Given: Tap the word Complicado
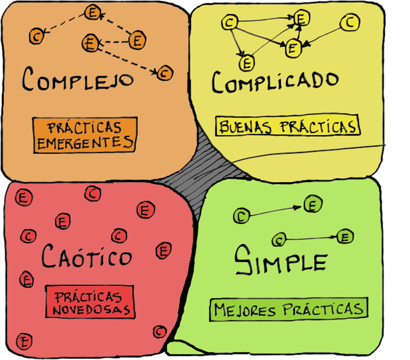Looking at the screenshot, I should (x=275, y=81).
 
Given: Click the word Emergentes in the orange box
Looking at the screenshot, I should (x=85, y=143).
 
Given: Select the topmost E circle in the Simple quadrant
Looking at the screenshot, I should (x=312, y=205).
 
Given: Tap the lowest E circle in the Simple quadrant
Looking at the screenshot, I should (x=345, y=237).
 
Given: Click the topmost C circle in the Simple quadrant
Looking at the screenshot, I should (x=241, y=216).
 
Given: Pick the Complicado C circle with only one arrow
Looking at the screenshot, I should (x=350, y=23).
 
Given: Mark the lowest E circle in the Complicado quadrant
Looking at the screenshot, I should (x=246, y=63).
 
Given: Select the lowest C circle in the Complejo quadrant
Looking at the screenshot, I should (x=165, y=72).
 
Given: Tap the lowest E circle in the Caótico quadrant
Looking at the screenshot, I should (x=23, y=341).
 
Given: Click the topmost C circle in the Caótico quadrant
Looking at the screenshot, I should (x=92, y=194).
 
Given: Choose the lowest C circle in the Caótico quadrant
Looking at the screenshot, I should (x=159, y=332).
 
